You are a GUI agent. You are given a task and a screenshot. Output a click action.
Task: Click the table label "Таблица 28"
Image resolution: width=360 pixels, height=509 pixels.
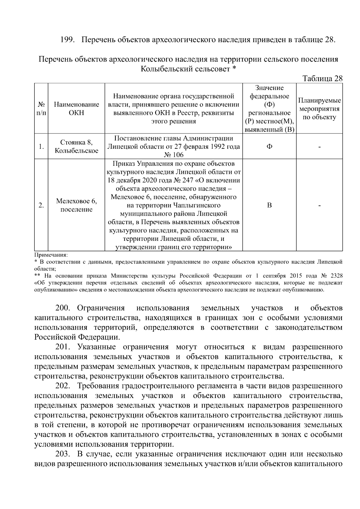(322, 79)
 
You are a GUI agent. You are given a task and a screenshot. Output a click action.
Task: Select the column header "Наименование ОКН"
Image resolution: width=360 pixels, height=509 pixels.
(76, 109)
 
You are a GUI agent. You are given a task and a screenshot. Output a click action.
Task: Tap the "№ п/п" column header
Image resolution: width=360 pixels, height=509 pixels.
(41, 109)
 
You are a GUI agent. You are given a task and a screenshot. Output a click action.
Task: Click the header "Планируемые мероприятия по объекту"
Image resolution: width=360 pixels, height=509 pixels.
(319, 109)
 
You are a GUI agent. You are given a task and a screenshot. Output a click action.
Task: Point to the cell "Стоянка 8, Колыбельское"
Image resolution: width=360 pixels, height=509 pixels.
(76, 146)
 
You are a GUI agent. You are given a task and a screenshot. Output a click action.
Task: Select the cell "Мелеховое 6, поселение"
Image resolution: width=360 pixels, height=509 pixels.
(76, 205)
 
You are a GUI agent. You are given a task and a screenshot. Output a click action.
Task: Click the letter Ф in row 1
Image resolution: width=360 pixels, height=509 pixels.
(269, 147)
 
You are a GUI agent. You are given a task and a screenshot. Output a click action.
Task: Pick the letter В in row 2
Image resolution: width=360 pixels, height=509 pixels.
(269, 205)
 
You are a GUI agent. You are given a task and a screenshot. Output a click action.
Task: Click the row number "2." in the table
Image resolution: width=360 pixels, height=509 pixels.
(41, 205)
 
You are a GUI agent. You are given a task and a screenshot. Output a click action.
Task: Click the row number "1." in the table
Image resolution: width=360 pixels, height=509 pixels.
(41, 147)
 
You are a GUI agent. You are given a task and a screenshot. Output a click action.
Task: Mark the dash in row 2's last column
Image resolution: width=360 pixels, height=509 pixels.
(319, 205)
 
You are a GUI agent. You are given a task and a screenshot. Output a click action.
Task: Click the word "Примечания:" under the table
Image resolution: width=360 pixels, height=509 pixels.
(51, 255)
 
